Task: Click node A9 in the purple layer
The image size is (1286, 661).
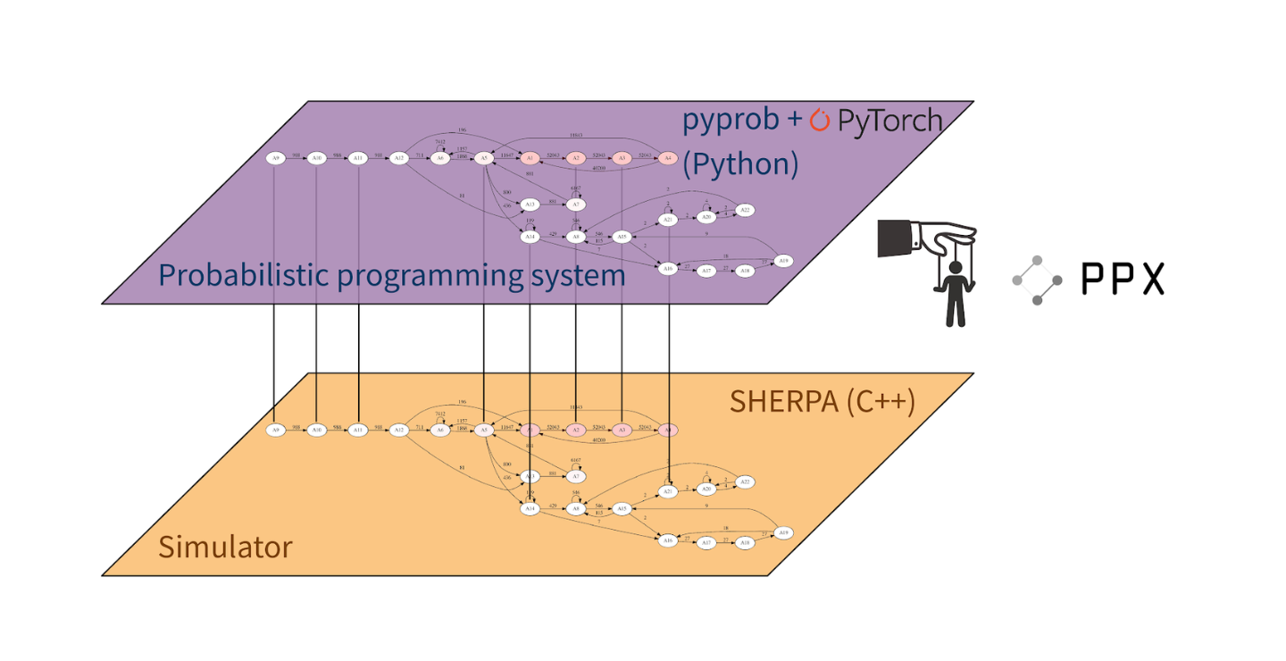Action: click(x=275, y=158)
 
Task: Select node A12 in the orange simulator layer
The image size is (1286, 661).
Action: click(x=399, y=430)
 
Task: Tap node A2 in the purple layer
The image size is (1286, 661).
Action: click(x=576, y=158)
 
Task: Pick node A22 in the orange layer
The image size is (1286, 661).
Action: click(x=745, y=481)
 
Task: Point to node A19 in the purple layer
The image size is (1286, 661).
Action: click(x=783, y=261)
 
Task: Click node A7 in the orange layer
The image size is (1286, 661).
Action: click(x=576, y=477)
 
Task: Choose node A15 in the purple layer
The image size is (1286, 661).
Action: click(x=623, y=237)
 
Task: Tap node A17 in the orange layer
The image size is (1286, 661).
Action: click(x=706, y=542)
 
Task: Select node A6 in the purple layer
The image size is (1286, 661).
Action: click(x=439, y=158)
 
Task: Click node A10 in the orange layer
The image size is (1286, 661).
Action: click(x=316, y=430)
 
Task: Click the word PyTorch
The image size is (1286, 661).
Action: click(x=889, y=121)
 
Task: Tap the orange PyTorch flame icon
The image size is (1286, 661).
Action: click(x=819, y=121)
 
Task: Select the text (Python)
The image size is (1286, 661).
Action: click(x=740, y=164)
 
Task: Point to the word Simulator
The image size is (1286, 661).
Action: click(x=225, y=546)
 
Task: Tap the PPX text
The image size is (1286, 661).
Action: click(x=1123, y=280)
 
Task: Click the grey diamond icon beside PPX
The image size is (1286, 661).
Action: click(x=1037, y=280)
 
